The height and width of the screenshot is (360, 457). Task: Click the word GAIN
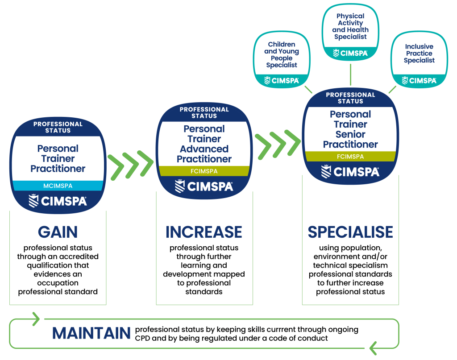pos(58,232)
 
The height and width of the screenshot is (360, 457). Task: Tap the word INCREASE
pos(204,232)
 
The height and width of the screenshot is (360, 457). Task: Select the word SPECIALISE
pos(350,232)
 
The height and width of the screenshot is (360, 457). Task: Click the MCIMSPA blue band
pos(58,186)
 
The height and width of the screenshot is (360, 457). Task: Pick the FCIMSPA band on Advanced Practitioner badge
pos(204,171)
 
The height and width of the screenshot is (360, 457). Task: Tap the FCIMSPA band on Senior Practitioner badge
pos(350,157)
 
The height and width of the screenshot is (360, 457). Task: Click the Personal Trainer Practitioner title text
pos(58,158)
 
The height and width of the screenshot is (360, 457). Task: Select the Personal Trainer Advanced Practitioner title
pos(204,144)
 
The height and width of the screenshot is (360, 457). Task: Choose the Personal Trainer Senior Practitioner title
pos(350,129)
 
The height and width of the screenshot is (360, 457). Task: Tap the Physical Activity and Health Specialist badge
pos(350,31)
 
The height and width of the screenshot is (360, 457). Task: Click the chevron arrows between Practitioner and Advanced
pos(130,164)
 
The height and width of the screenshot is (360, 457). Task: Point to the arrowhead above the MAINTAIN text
pos(36,319)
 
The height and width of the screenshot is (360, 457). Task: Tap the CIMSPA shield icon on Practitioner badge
pos(33,201)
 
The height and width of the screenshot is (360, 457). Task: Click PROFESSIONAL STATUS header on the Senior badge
pos(350,98)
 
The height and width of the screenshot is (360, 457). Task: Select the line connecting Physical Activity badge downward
pos(350,74)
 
